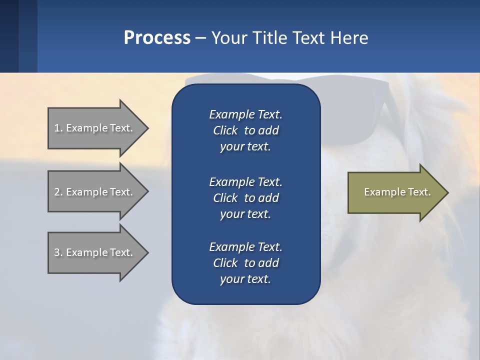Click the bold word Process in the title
tap(157, 38)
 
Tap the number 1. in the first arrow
tap(58, 128)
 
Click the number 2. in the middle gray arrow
tap(58, 192)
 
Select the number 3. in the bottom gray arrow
tap(58, 252)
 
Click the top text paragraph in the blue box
tap(245, 130)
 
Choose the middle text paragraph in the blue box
tap(245, 198)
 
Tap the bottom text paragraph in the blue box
tap(245, 263)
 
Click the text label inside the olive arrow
tap(397, 192)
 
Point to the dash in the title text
tap(200, 38)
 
